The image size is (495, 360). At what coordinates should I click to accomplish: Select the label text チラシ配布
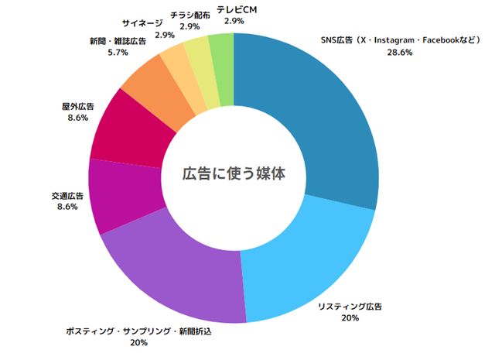(x=189, y=15)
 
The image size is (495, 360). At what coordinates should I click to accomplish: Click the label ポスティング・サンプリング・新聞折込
(x=139, y=331)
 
